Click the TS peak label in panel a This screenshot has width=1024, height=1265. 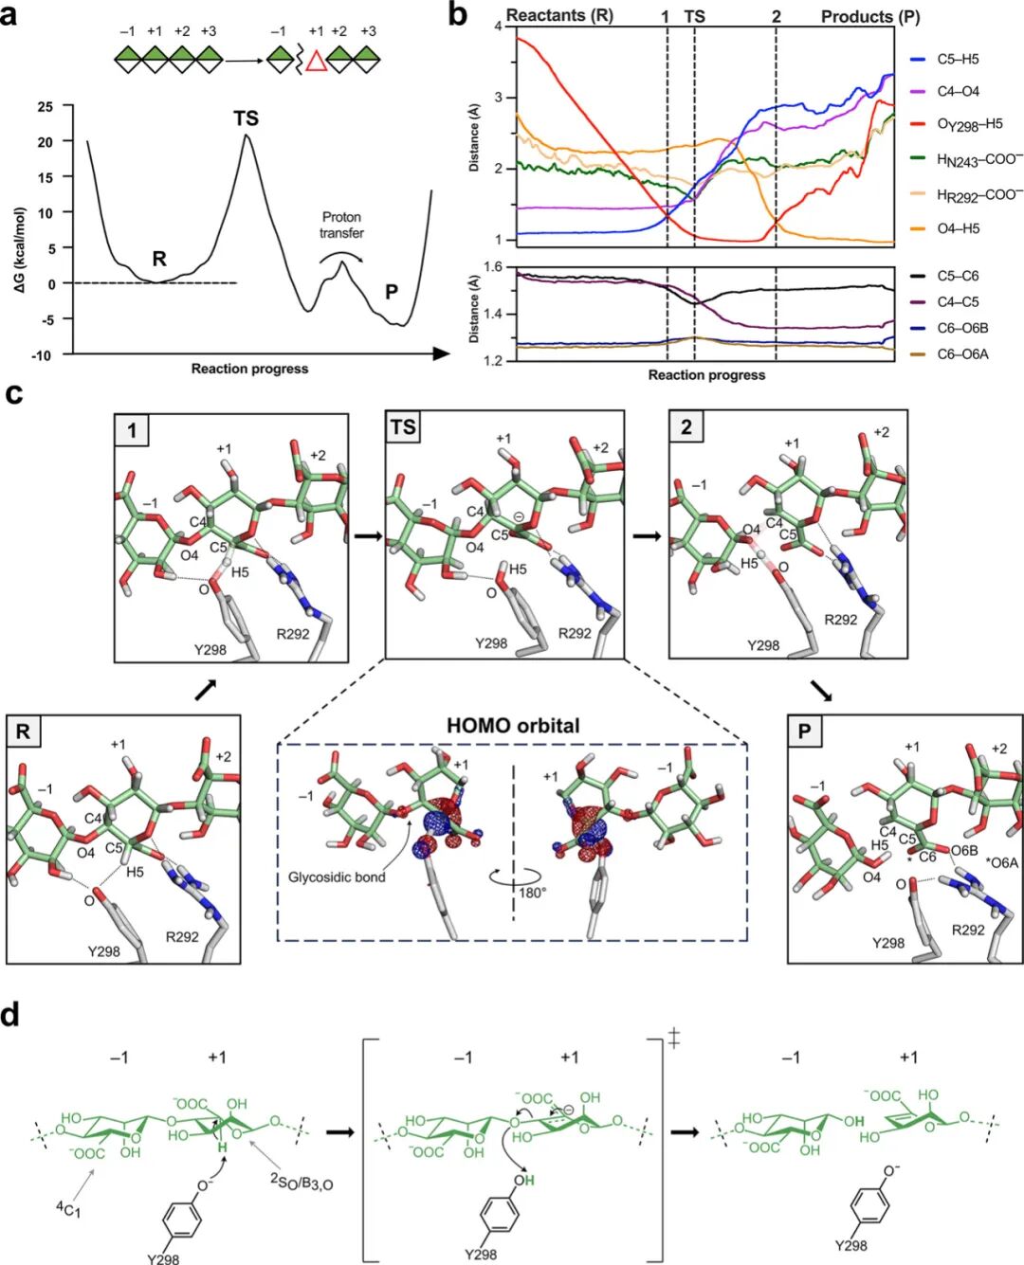[x=246, y=118]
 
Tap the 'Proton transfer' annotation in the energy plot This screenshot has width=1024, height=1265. [x=341, y=225]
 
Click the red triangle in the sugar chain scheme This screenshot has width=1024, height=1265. [x=316, y=61]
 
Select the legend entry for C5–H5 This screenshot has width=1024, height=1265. [x=958, y=59]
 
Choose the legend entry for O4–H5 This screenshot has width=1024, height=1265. [x=958, y=228]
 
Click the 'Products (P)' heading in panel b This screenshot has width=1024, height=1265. [x=869, y=17]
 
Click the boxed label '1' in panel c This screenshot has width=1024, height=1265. [x=132, y=430]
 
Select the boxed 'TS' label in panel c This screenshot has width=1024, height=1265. [x=403, y=427]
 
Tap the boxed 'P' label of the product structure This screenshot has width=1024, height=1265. [x=805, y=732]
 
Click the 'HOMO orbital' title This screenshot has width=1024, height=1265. [x=513, y=726]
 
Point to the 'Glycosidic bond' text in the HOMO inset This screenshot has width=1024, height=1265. [x=337, y=877]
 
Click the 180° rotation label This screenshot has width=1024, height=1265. [x=532, y=893]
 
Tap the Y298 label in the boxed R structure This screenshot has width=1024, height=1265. [x=104, y=950]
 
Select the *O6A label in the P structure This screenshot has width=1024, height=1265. [x=1001, y=862]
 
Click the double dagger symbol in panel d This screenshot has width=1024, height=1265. [x=674, y=1039]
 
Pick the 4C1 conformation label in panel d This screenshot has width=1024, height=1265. [x=68, y=1209]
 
